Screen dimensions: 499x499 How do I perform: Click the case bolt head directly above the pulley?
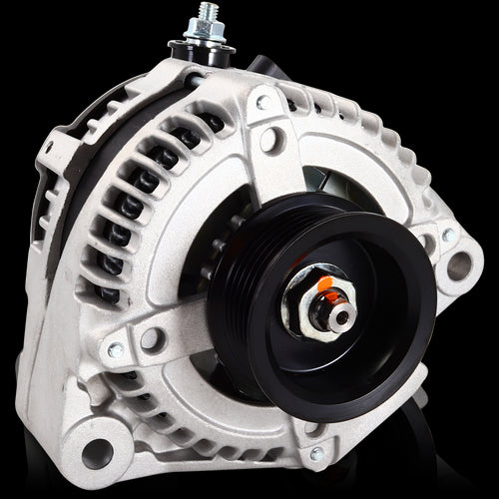262,102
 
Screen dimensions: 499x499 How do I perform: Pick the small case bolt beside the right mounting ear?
448,236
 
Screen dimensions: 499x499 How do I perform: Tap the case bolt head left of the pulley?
116,349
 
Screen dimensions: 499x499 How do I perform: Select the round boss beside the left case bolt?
152,339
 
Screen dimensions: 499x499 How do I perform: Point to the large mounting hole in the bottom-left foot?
97,452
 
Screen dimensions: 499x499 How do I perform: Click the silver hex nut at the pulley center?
319,304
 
